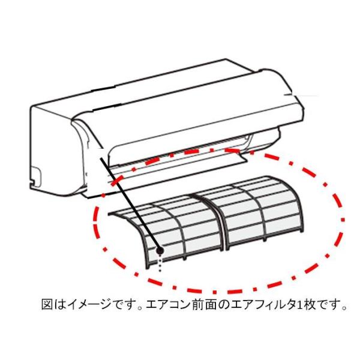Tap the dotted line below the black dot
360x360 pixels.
pos(160,265)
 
